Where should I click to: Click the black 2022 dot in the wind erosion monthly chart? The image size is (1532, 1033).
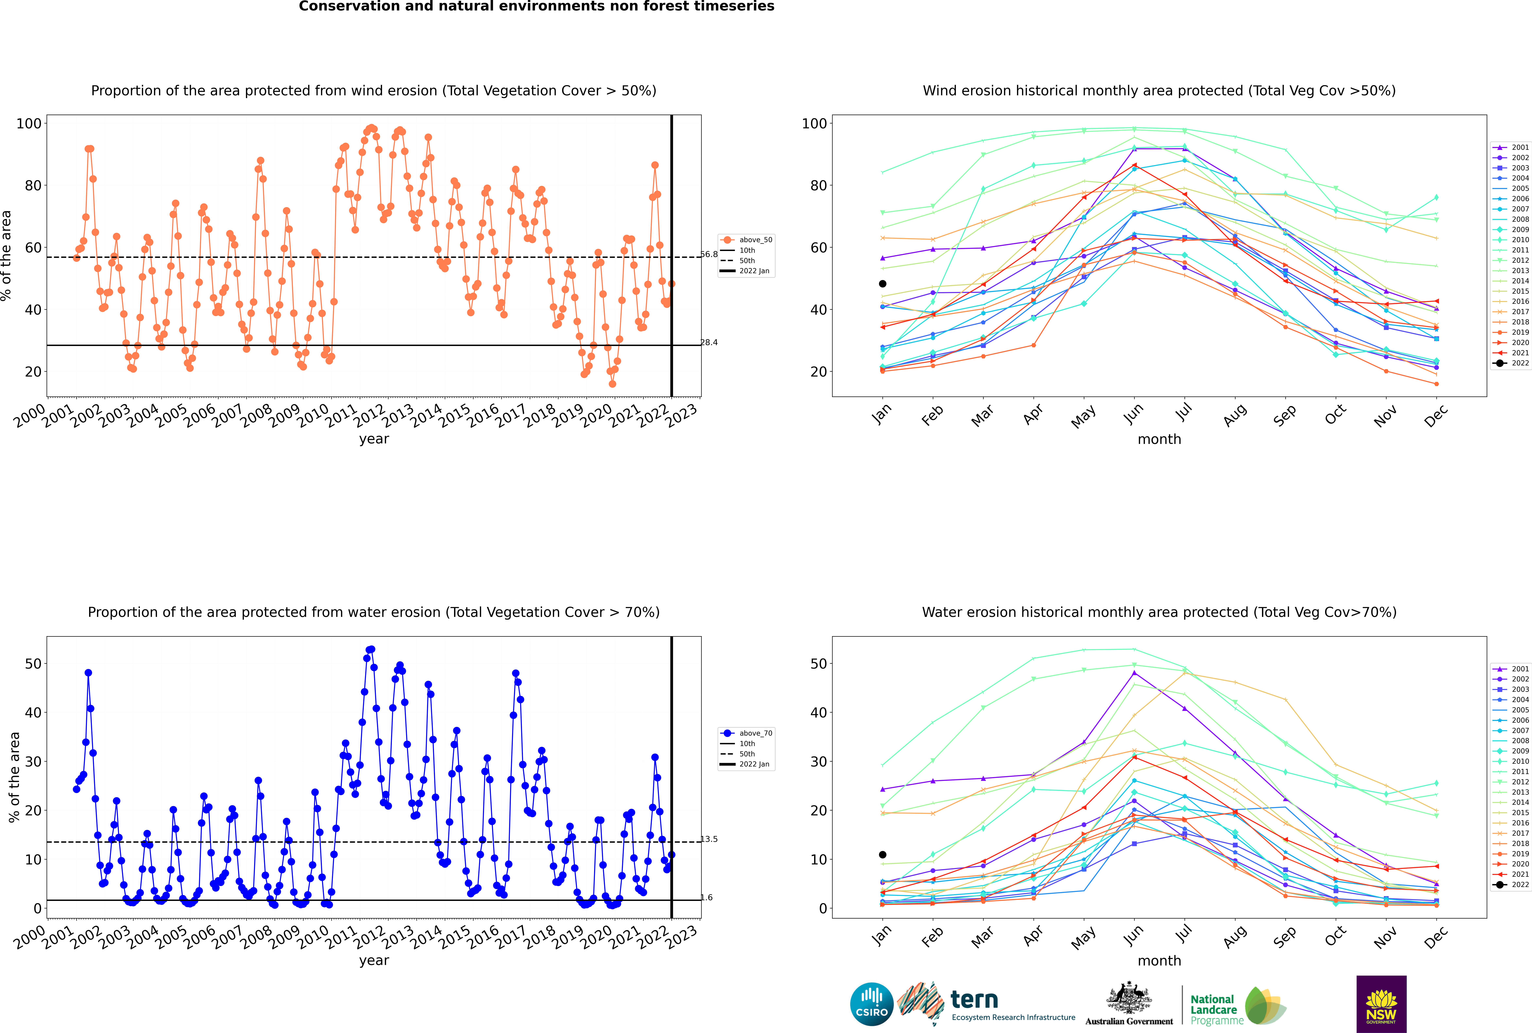pos(883,284)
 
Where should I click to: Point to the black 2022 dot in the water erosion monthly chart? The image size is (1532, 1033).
pos(883,855)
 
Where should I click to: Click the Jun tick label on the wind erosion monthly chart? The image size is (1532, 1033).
pos(1133,413)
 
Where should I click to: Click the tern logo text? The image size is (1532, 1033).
pos(974,1000)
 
